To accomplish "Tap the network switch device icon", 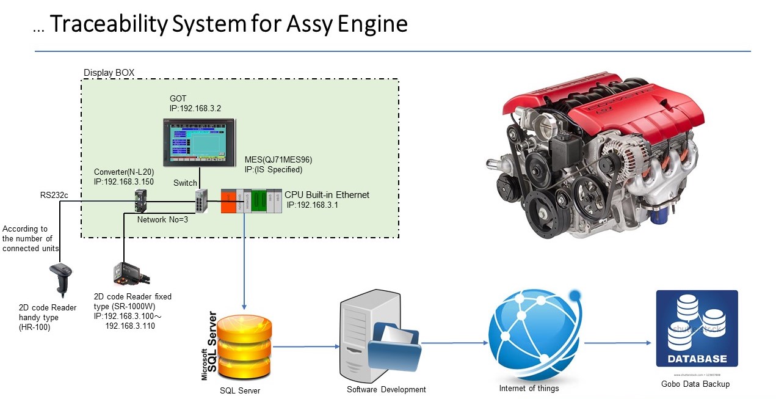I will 201,200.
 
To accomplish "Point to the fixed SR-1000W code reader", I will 127,274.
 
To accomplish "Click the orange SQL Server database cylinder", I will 244,346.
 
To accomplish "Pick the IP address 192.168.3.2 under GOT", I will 195,108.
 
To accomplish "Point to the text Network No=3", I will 162,219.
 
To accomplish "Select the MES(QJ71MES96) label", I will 278,159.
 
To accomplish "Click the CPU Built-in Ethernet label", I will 327,195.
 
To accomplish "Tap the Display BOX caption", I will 109,73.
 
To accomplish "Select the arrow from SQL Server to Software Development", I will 305,346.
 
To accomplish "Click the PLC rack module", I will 250,200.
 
